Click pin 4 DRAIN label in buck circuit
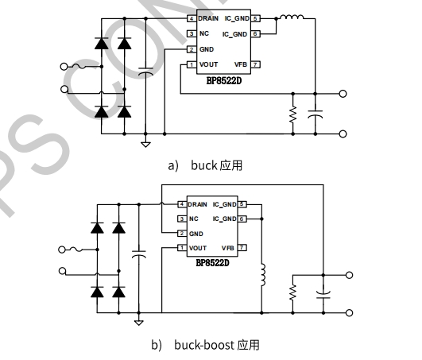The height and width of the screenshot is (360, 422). point(208,18)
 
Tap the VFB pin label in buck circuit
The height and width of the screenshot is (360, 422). point(241,64)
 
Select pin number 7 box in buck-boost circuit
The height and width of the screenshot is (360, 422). point(242,247)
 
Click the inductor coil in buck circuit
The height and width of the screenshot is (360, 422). point(292,17)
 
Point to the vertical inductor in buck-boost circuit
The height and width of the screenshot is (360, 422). point(263,275)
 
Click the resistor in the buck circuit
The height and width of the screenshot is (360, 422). point(292,114)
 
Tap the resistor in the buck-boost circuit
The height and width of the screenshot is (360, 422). point(292,292)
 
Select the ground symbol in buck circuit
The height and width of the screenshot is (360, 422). point(145,145)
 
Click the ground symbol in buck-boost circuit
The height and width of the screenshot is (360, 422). point(138,323)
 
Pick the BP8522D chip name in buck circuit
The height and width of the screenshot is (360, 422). point(224,81)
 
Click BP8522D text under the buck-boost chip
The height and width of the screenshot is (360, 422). point(213,262)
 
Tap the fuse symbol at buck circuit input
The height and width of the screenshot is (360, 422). point(79,66)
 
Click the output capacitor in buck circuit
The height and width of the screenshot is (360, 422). point(316,114)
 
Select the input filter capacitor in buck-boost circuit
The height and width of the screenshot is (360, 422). point(139,254)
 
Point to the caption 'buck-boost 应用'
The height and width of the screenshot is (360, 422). point(217,345)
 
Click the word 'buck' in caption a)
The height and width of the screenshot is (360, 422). point(204,165)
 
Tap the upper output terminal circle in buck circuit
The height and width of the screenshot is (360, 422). point(343,94)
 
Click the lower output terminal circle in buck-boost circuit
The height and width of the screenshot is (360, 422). point(349,312)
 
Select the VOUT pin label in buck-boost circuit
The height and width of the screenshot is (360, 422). point(198,248)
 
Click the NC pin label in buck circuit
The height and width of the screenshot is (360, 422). point(204,33)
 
